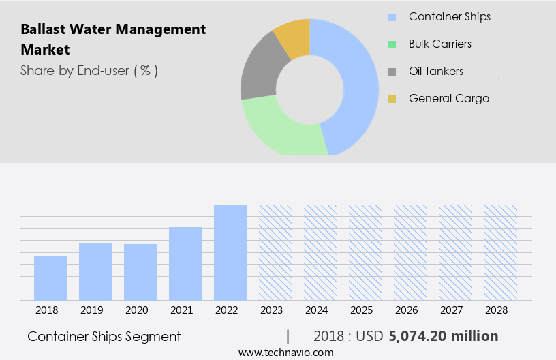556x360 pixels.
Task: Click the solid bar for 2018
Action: pyautogui.click(x=50, y=278)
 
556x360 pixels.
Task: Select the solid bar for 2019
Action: pyautogui.click(x=95, y=271)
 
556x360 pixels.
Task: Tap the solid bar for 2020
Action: pyautogui.click(x=140, y=272)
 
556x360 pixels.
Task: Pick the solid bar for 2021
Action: pyautogui.click(x=185, y=264)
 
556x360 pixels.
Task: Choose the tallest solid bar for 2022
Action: pyautogui.click(x=230, y=252)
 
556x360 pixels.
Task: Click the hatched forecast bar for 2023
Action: pyautogui.click(x=275, y=252)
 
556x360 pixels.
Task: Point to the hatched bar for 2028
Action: pyautogui.click(x=500, y=252)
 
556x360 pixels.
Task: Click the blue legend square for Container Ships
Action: pyautogui.click(x=392, y=17)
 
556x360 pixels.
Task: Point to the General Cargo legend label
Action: pyautogui.click(x=449, y=99)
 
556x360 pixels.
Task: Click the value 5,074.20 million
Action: pyautogui.click(x=444, y=336)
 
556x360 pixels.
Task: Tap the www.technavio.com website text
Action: pyautogui.click(x=285, y=352)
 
